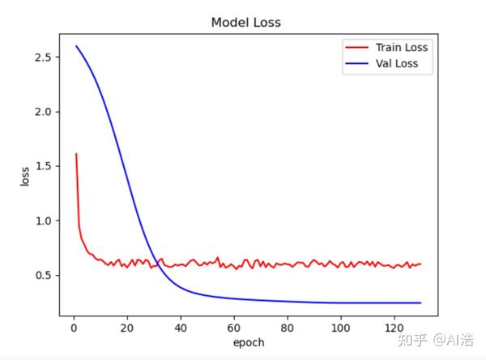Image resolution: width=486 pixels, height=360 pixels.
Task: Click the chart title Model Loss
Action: pos(245,23)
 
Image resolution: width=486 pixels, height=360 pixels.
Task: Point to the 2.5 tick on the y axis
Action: pos(45,58)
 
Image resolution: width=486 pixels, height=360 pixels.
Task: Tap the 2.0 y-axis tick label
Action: pos(45,112)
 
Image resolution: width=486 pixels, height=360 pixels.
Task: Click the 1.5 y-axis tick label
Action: pos(45,166)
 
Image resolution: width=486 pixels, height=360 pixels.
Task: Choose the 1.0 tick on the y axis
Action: pos(45,221)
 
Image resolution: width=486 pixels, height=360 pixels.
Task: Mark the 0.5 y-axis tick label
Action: pos(45,275)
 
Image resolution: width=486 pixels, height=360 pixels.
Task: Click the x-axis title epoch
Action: pos(248,342)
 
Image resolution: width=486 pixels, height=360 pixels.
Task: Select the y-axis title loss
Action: pos(25,176)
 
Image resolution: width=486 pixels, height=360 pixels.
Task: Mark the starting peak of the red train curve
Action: pos(75,153)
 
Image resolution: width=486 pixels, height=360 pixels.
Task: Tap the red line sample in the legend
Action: pos(356,47)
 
